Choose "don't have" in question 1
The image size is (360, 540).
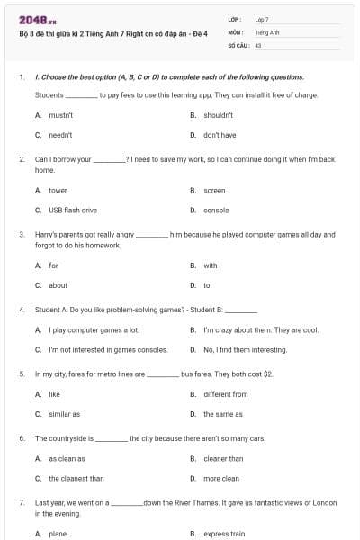219,135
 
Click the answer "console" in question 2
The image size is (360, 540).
216,210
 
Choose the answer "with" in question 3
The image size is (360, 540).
210,265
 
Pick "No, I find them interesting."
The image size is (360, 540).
245,349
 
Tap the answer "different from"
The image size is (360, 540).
225,393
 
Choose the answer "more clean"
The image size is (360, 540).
220,478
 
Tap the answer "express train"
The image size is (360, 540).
224,534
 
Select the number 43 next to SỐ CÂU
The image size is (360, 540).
258,43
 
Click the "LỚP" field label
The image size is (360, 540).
234,19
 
